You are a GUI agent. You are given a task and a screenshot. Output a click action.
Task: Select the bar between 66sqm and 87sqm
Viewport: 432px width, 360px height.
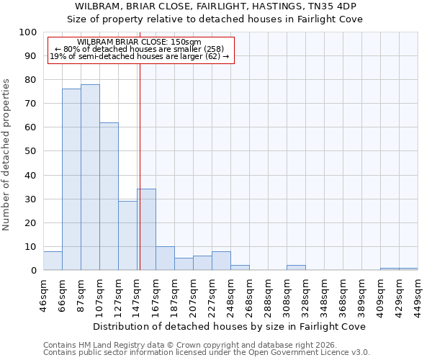71,179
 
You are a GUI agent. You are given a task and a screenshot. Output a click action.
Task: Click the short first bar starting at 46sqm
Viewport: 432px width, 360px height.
53,261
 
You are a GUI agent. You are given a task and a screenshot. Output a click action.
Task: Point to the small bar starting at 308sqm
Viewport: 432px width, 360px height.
296,268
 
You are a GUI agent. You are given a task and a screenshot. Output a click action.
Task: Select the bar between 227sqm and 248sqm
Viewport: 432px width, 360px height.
221,261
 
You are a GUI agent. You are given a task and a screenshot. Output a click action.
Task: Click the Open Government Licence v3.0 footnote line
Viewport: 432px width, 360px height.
206,352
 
